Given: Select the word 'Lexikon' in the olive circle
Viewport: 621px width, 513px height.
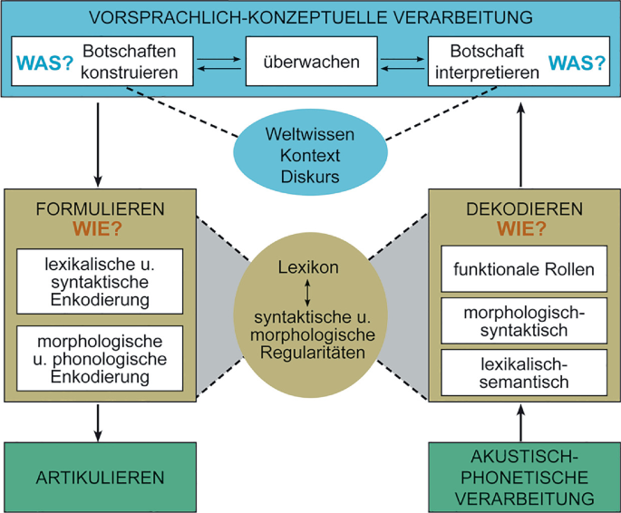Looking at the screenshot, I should click(308, 268).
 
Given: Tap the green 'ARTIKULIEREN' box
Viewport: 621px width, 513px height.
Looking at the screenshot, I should click(100, 477).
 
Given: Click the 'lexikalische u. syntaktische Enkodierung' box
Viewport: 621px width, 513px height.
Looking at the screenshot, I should click(100, 279).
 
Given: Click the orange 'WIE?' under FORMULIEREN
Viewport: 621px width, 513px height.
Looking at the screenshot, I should click(100, 229).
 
